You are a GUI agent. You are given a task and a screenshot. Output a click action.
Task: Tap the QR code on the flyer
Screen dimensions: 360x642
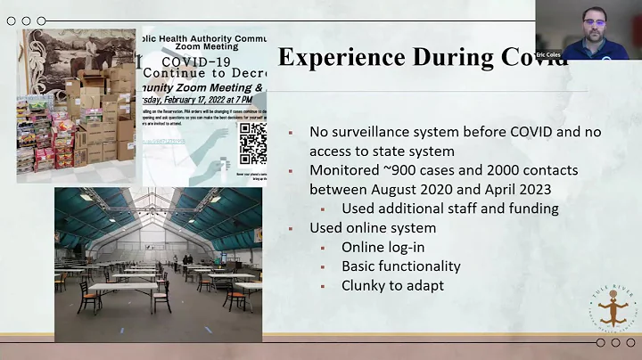[x=252, y=143]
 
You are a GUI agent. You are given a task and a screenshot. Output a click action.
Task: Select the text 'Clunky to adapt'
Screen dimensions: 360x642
[x=391, y=285]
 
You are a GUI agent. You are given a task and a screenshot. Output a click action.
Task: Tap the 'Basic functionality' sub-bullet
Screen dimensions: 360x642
[x=400, y=266]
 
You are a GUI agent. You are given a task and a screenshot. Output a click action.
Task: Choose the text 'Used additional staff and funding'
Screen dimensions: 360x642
[x=450, y=209]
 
